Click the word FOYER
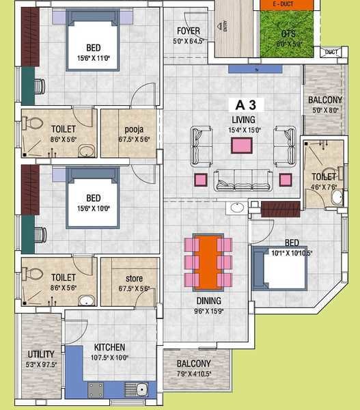click(x=188, y=31)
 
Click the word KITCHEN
click(x=109, y=347)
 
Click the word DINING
click(x=208, y=301)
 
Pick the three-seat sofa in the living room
click(x=242, y=180)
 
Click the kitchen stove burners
click(x=96, y=391)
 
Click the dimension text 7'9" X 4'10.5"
click(x=194, y=374)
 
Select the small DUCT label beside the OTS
click(x=331, y=52)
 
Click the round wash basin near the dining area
click(x=238, y=208)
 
